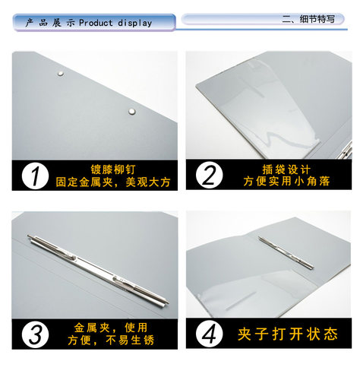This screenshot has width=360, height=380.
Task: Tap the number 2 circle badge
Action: click(x=207, y=176)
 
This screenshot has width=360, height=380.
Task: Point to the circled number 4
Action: click(x=207, y=334)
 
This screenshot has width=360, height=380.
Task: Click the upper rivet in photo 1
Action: click(x=61, y=73)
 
